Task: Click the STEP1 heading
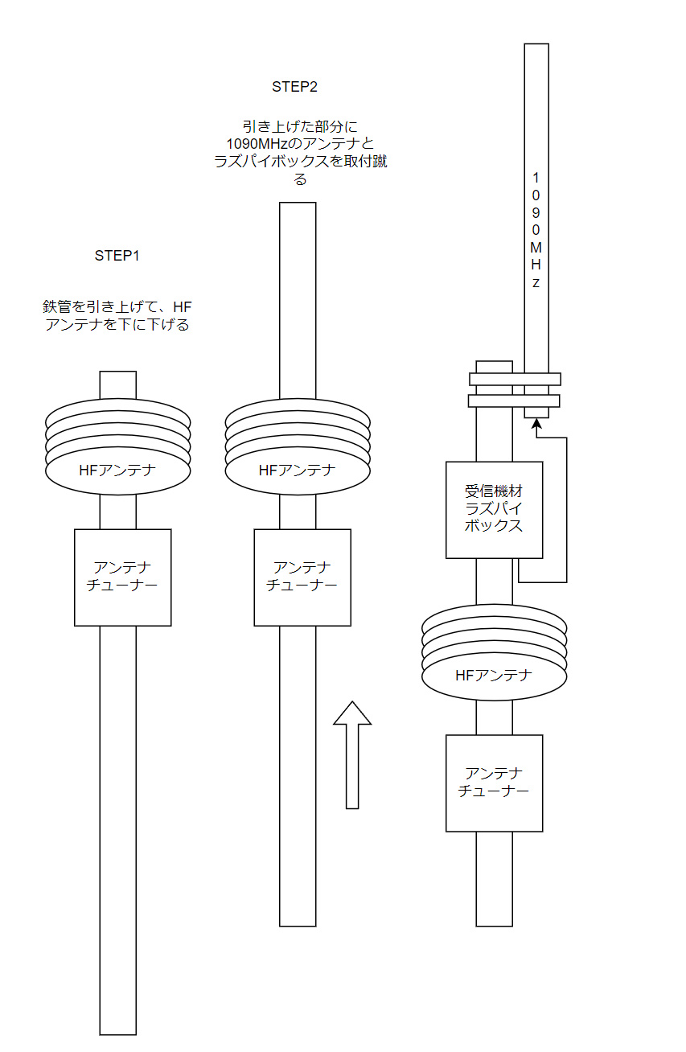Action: (117, 257)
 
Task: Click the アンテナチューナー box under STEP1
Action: (122, 577)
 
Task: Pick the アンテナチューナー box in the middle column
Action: (302, 577)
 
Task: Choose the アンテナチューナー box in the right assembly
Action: (494, 783)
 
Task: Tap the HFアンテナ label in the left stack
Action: (117, 471)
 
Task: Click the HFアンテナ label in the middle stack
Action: (297, 471)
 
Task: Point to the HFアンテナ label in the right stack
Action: (494, 676)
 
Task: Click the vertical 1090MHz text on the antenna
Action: (536, 230)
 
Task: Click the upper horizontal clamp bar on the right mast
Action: (515, 379)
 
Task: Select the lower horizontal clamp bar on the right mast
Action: (515, 401)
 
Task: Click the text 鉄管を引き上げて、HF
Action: (117, 307)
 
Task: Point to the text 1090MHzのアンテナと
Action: (300, 144)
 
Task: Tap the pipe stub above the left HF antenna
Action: (117, 384)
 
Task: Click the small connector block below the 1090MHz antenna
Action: (536, 413)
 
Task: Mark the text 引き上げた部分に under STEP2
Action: (300, 126)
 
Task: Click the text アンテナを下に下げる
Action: (117, 326)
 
